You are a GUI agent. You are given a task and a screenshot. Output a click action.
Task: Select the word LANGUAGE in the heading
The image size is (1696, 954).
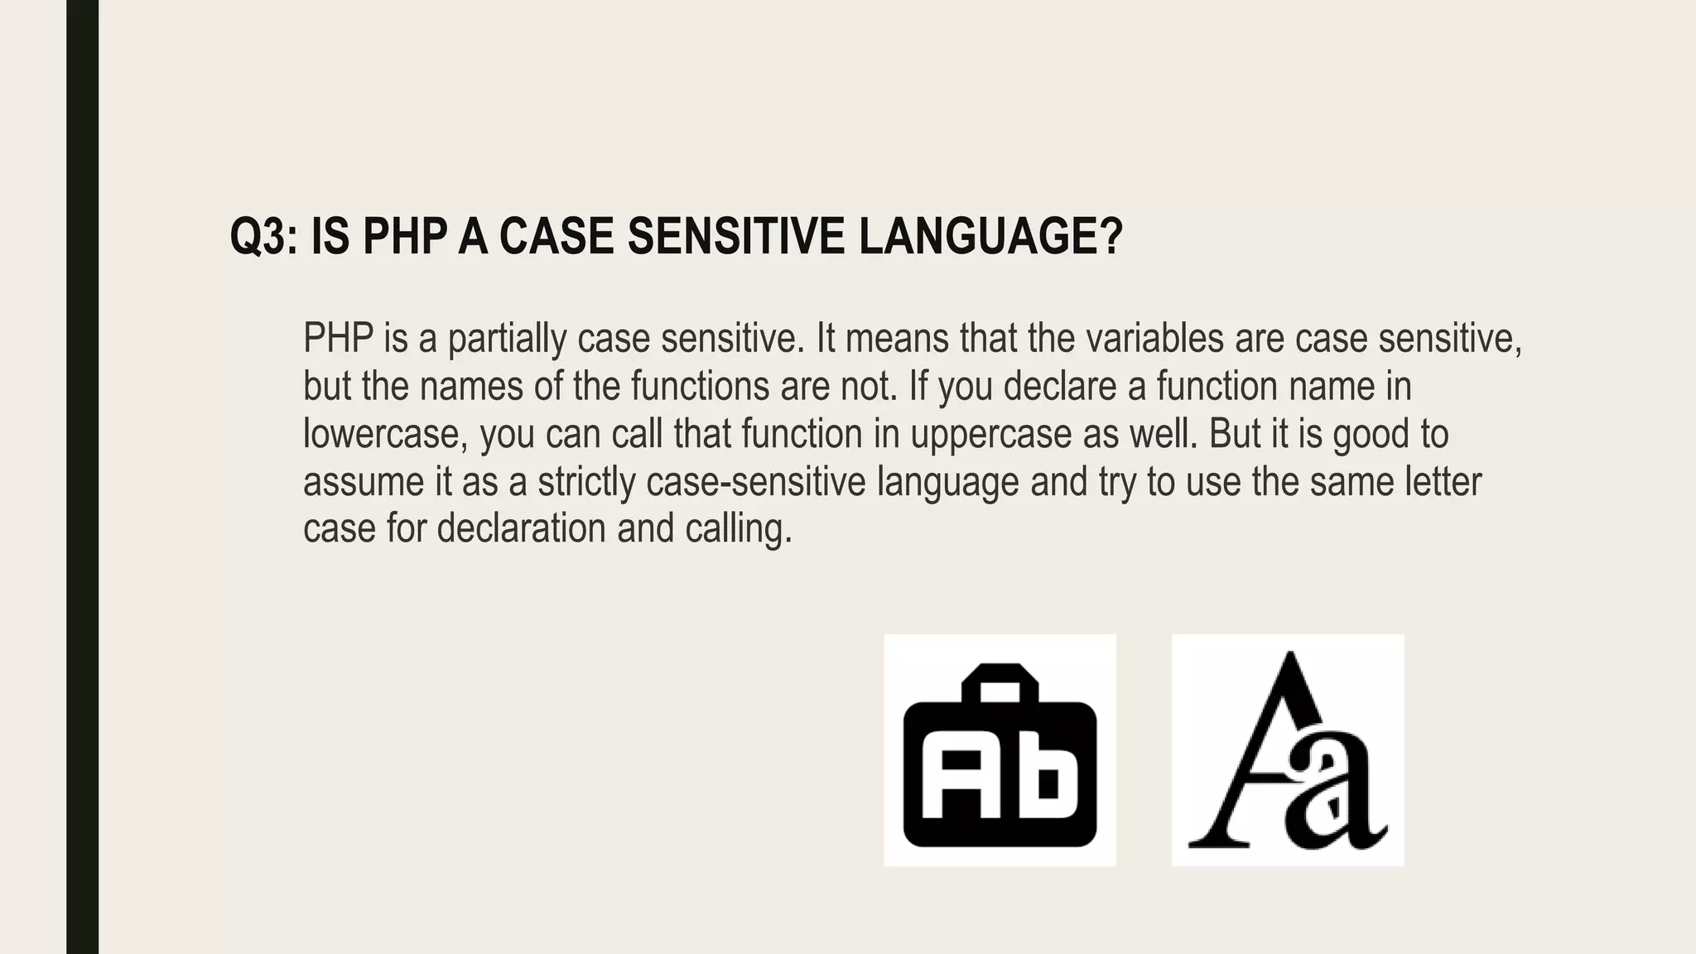(990, 237)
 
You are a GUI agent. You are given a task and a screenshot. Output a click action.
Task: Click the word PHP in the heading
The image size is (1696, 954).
(405, 237)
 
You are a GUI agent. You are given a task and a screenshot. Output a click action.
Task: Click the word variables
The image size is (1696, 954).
(1154, 339)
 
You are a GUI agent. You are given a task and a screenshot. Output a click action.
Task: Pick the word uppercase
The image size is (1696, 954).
(991, 435)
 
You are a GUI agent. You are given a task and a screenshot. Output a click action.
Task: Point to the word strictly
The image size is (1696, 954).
(586, 483)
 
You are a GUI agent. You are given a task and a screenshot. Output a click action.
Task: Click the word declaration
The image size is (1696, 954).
(521, 529)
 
